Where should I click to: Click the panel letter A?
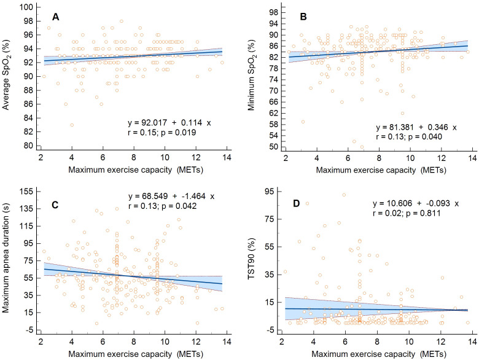pos(55,17)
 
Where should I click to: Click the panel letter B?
pos(303,17)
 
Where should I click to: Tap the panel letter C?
pos(55,205)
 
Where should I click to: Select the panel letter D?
pos(297,203)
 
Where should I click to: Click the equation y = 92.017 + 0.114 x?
pos(169,123)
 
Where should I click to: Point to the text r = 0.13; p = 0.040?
pos(409,136)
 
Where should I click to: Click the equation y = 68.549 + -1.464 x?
pos(171,196)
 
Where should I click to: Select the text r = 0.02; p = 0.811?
pos(407,213)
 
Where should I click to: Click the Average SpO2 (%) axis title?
pos(6,75)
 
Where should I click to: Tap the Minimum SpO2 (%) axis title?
pos(252,75)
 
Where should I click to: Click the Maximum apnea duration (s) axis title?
pos(6,262)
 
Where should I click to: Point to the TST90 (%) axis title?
pos(251,259)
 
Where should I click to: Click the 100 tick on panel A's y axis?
pos(26,7)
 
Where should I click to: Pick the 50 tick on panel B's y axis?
pos(274,147)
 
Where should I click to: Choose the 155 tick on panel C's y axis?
pos(26,192)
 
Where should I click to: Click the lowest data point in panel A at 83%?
pos(72,125)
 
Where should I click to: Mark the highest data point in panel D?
pos(344,195)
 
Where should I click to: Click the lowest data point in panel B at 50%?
pos(362,147)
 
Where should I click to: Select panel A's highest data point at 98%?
pos(122,21)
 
